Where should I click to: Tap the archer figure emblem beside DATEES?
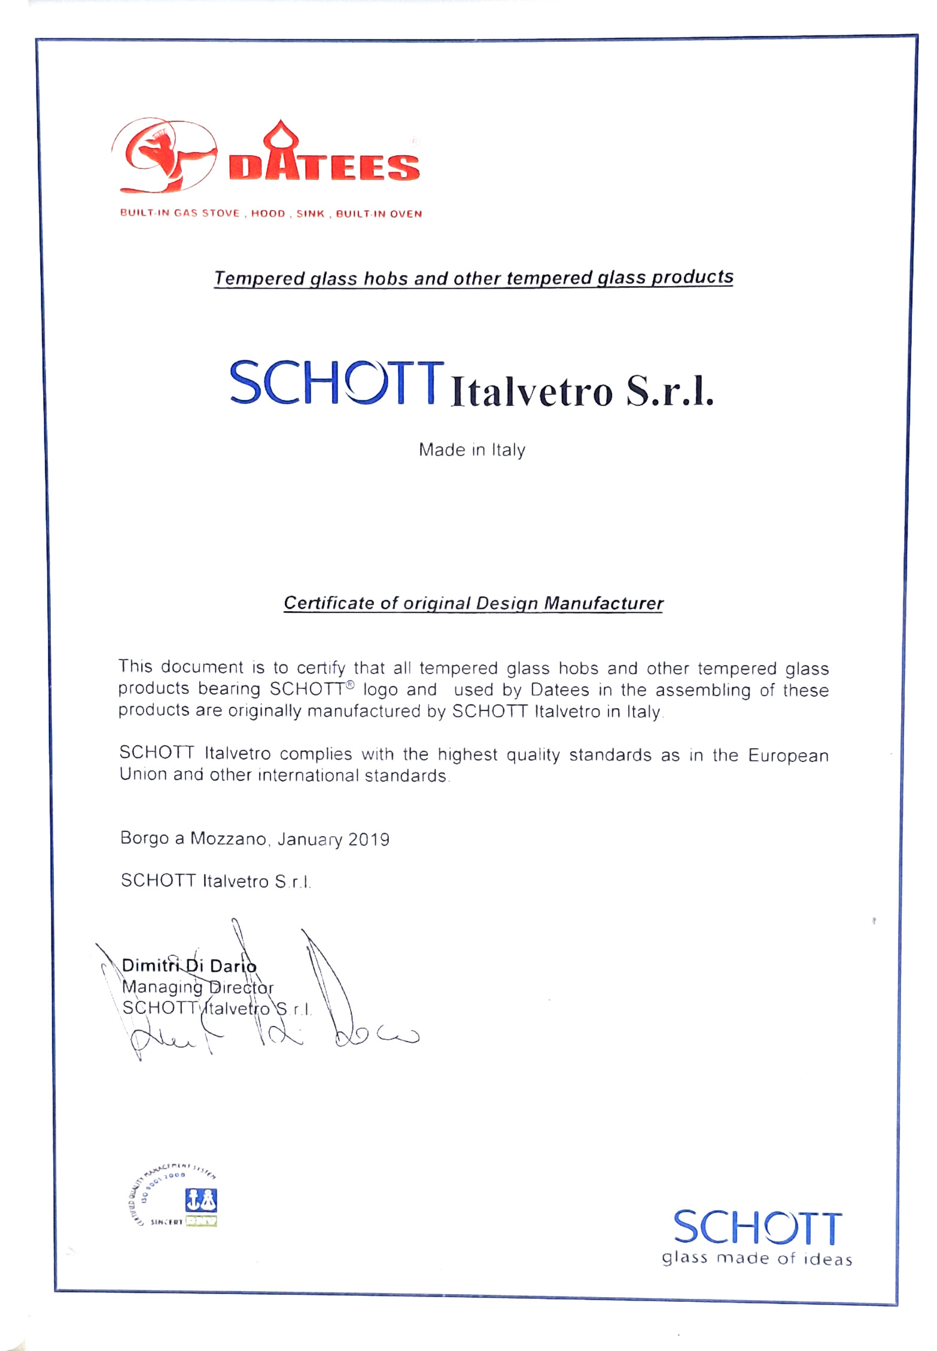click(x=163, y=156)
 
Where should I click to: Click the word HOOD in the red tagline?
click(x=268, y=214)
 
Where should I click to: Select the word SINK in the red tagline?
click(x=311, y=214)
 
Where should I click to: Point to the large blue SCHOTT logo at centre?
click(x=336, y=383)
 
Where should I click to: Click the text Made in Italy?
click(x=471, y=450)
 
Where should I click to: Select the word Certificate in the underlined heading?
click(x=328, y=603)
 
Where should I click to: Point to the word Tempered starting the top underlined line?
click(x=260, y=278)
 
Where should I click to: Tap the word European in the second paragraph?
click(x=788, y=755)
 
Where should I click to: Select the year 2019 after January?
click(x=369, y=839)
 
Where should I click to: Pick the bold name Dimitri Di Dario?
click(x=189, y=966)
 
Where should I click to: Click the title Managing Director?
click(x=197, y=987)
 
